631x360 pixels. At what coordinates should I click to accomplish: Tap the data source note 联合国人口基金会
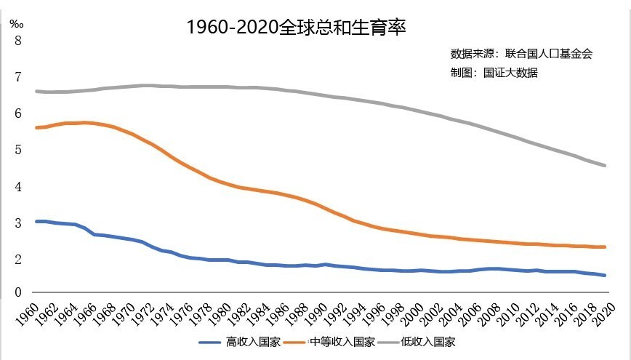522,54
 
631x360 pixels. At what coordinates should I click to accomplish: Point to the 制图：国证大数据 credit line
494,73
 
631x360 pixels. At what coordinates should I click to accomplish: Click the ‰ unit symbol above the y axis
16,22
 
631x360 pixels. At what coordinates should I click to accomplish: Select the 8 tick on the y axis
18,41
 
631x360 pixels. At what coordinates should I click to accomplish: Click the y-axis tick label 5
18,150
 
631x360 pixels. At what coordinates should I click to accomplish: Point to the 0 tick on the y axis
18,292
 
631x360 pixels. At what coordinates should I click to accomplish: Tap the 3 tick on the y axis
18,223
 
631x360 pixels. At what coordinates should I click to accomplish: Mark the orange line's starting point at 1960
36,127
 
